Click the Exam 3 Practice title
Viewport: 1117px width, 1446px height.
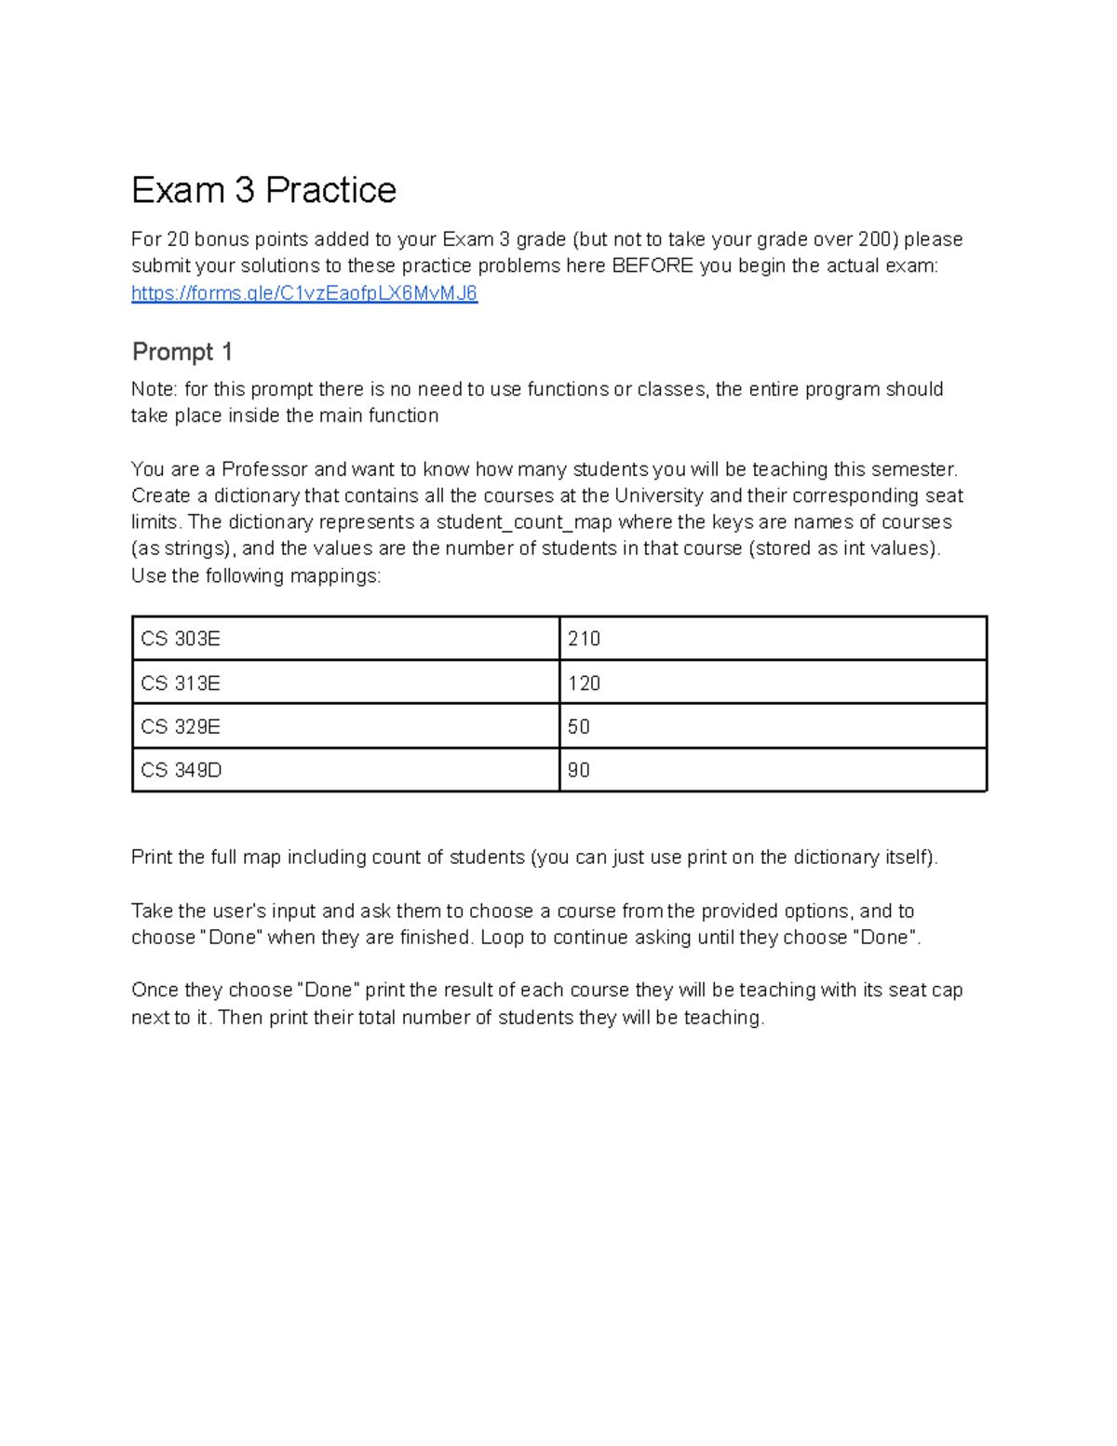tap(263, 191)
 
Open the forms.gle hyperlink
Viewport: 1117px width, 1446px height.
tap(304, 293)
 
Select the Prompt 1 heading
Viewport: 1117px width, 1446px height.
tap(182, 352)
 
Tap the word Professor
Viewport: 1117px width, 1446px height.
tap(264, 469)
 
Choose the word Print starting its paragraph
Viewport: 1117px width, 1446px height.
tap(152, 858)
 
